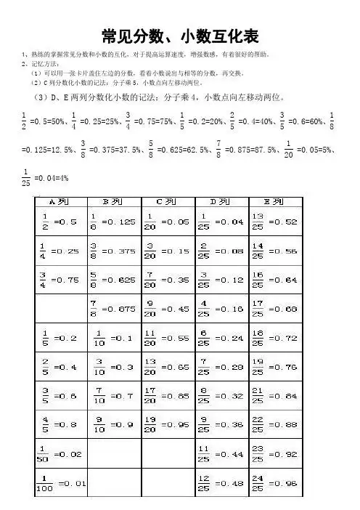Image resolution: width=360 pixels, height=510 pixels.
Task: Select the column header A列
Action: point(59,200)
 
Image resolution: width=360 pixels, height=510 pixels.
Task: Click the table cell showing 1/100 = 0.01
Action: point(60,482)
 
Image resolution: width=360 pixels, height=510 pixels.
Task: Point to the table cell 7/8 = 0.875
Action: point(114,309)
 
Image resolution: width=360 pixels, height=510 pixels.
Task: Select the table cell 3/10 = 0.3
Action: point(114,367)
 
